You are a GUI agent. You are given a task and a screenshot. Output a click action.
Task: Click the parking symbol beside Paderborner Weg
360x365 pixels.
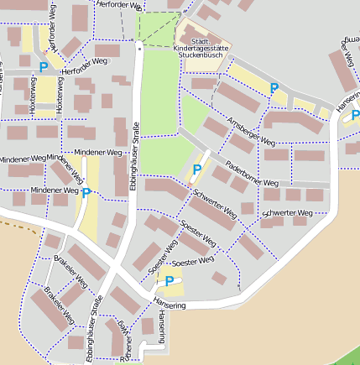click(197, 169)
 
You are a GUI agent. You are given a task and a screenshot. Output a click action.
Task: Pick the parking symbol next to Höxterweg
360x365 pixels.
click(44, 66)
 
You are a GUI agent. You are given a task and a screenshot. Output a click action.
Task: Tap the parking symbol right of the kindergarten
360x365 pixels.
click(274, 87)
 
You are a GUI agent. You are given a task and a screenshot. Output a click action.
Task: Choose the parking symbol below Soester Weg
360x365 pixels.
click(170, 281)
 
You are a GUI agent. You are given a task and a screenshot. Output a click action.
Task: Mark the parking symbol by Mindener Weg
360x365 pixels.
click(86, 193)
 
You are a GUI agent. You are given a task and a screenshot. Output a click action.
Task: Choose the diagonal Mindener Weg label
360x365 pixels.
click(66, 166)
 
